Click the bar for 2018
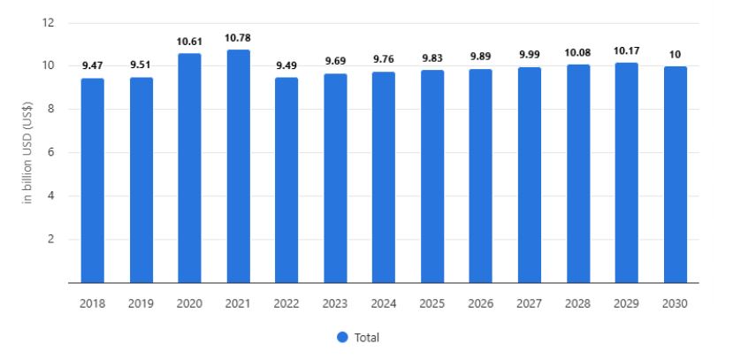click(x=93, y=180)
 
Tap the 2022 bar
click(x=286, y=180)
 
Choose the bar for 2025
click(x=431, y=176)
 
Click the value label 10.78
click(x=238, y=38)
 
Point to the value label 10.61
click(x=190, y=42)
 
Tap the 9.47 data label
click(x=93, y=66)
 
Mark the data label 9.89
click(x=480, y=57)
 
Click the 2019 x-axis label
click(x=141, y=303)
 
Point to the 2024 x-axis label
click(x=383, y=303)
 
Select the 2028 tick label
click(x=576, y=303)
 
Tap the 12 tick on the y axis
click(x=50, y=23)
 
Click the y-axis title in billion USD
click(x=28, y=153)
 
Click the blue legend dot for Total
click(x=342, y=337)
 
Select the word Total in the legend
click(x=367, y=337)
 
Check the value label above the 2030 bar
click(x=674, y=54)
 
